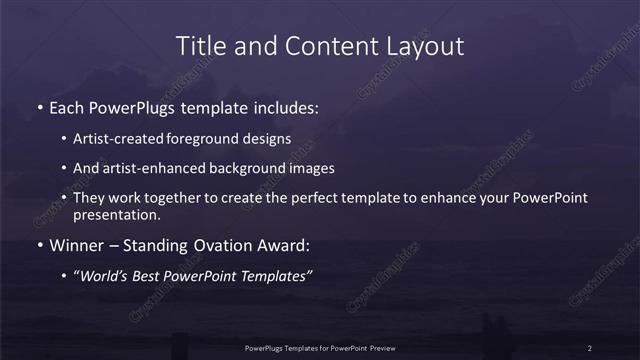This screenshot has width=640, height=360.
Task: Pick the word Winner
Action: [x=77, y=245]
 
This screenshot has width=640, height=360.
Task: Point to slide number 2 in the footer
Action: [x=590, y=347]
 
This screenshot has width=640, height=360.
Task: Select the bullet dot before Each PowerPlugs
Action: [x=39, y=105]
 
